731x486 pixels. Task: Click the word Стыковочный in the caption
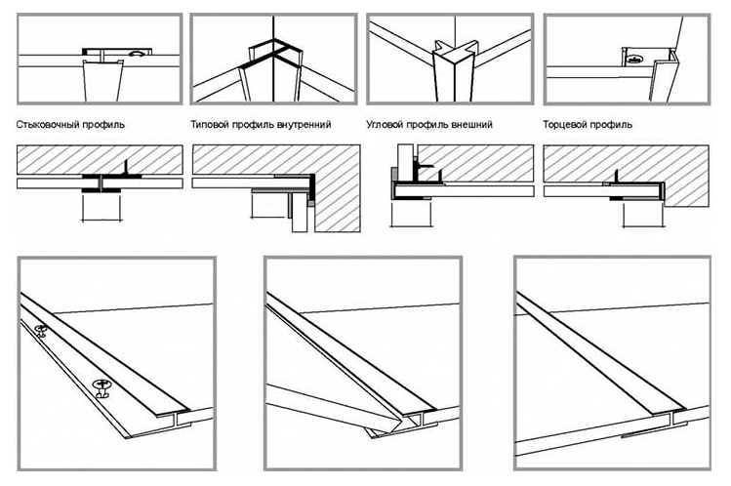pos(48,125)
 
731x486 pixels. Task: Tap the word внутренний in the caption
pos(304,125)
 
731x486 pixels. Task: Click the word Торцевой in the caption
pos(563,125)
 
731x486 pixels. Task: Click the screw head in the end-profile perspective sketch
pos(632,60)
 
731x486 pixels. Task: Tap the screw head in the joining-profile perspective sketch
pos(137,54)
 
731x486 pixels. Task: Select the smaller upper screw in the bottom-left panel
pos(41,330)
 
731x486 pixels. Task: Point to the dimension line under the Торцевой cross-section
pos(643,226)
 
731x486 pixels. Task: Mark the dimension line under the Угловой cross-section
pos(411,226)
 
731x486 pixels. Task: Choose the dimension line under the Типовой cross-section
pos(267,217)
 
